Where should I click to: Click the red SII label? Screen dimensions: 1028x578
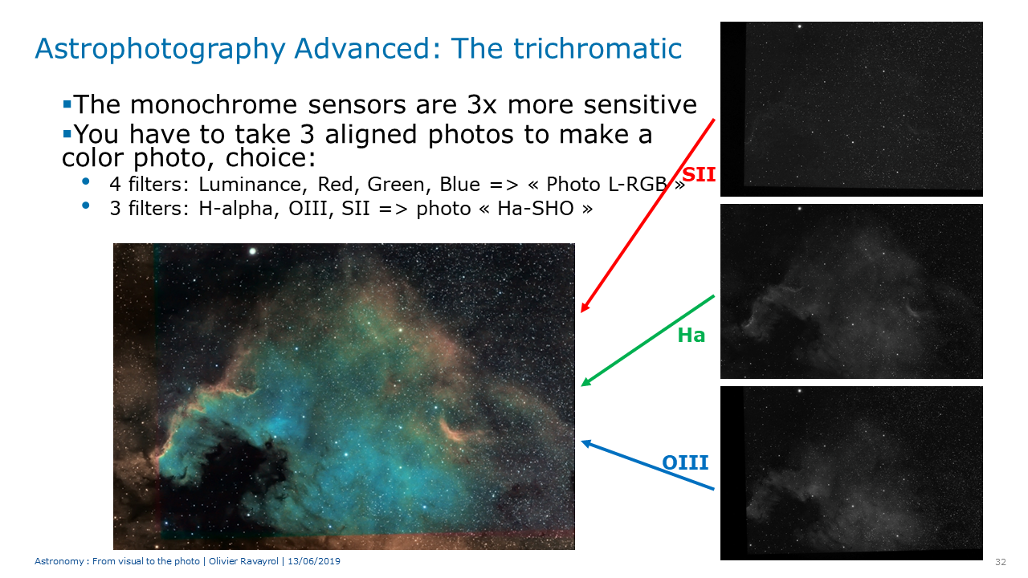pos(699,175)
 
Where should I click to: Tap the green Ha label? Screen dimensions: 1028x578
pos(691,336)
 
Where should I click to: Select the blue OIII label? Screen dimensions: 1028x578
pos(685,462)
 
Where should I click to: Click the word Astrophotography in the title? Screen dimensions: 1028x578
pos(160,50)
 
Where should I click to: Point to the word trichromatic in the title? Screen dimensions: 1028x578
pos(597,48)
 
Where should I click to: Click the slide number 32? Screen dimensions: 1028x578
pos(1001,562)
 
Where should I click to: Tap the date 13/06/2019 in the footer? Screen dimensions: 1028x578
pos(314,561)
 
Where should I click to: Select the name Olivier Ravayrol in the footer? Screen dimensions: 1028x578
pos(243,561)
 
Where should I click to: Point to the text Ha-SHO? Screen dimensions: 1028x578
pos(536,209)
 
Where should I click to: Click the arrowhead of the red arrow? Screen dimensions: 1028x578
pos(584,308)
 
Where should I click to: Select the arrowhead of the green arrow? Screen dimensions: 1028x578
pos(585,383)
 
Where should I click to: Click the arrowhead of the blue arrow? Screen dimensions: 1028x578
pos(585,442)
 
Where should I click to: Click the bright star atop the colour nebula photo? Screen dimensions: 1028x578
pos(252,251)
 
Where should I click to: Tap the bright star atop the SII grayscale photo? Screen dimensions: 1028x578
pos(799,26)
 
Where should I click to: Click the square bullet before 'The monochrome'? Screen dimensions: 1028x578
pos(67,104)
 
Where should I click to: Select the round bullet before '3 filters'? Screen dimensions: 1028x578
pos(85,206)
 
